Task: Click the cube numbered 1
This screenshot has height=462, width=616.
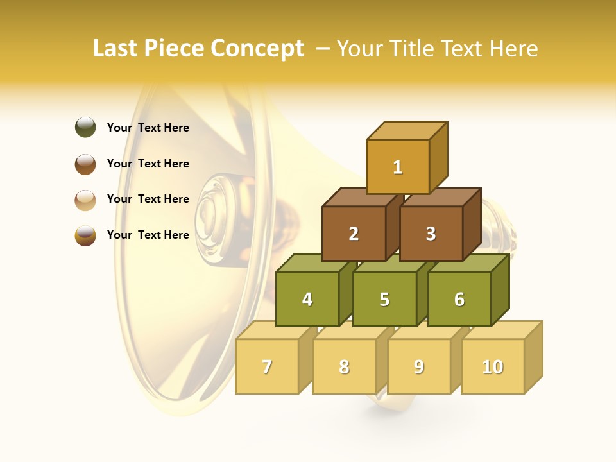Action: click(398, 167)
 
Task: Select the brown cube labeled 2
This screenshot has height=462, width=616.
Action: click(354, 234)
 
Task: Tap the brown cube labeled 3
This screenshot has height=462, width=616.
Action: click(431, 234)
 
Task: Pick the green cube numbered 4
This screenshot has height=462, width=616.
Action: click(307, 299)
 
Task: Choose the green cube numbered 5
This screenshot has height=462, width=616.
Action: click(384, 299)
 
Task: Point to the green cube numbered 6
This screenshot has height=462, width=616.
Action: click(459, 299)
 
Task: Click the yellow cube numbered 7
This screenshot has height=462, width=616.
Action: click(267, 366)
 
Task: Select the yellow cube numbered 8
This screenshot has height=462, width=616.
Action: click(344, 366)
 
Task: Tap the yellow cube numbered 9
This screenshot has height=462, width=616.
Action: click(419, 366)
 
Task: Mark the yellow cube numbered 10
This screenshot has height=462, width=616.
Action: click(493, 366)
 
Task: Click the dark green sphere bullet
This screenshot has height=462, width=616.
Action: click(85, 128)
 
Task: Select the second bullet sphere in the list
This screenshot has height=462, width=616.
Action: click(85, 164)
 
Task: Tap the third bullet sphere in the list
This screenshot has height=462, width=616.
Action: click(85, 200)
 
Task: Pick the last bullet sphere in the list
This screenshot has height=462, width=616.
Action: click(85, 235)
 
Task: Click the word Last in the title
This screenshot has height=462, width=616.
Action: click(116, 49)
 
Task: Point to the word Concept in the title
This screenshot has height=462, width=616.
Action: click(257, 49)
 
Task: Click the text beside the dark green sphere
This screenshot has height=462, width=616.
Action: click(148, 128)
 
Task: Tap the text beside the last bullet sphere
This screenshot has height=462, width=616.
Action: click(148, 235)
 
